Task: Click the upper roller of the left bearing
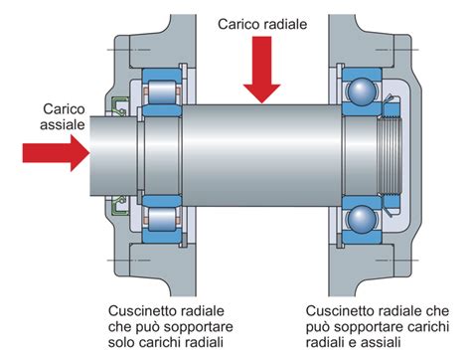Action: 160,94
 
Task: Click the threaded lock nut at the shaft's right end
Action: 390,156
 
